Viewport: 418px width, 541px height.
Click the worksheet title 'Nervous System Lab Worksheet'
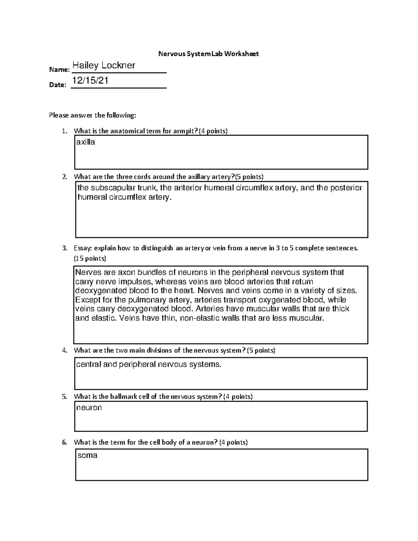pyautogui.click(x=208, y=54)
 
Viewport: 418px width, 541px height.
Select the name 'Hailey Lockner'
pyautogui.click(x=104, y=65)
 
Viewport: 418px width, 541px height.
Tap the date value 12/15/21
pyautogui.click(x=90, y=80)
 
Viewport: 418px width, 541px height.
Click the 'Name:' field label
pyautogui.click(x=59, y=70)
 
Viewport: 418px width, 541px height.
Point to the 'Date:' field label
pyautogui.click(x=57, y=85)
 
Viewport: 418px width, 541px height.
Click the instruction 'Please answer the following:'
pyautogui.click(x=92, y=115)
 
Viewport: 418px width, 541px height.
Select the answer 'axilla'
pyautogui.click(x=85, y=142)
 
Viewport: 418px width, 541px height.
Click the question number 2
pyautogui.click(x=64, y=177)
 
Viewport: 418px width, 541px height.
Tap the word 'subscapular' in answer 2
pyautogui.click(x=113, y=188)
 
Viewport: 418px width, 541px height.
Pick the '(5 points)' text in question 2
pyautogui.click(x=249, y=177)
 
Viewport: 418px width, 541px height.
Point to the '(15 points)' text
pyautogui.click(x=90, y=258)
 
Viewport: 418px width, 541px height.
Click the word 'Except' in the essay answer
pyautogui.click(x=87, y=300)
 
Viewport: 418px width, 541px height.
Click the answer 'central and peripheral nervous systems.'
pyautogui.click(x=148, y=365)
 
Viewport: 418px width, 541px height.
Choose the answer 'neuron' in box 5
pyautogui.click(x=89, y=408)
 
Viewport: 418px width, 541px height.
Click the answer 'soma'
pyautogui.click(x=87, y=455)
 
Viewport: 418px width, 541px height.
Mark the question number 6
pyautogui.click(x=64, y=442)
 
